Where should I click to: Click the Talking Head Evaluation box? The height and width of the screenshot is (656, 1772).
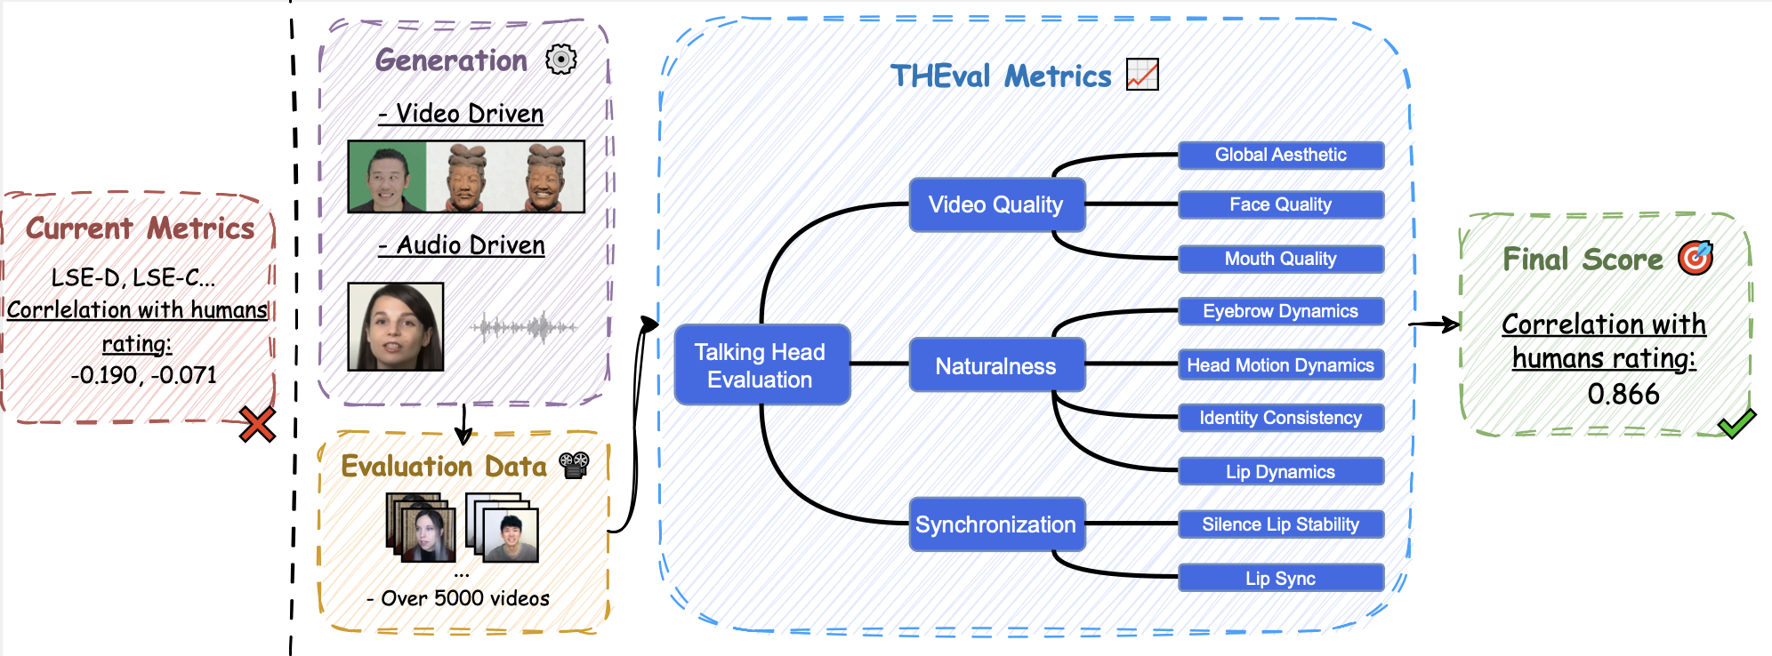click(761, 365)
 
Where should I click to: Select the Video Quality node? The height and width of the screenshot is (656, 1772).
click(996, 204)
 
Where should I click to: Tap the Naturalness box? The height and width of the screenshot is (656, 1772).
click(996, 365)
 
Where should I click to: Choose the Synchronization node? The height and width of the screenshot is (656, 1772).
click(996, 524)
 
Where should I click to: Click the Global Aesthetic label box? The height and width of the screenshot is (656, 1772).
click(1280, 155)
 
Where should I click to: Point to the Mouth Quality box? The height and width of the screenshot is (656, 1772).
click(1280, 259)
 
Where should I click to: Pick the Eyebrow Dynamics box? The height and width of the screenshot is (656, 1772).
click(1280, 311)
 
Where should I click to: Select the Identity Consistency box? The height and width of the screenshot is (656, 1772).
click(1280, 418)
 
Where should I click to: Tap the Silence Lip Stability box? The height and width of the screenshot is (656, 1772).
click(1280, 524)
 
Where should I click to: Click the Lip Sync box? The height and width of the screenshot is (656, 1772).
click(1280, 579)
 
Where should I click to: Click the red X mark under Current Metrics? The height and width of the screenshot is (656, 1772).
click(257, 425)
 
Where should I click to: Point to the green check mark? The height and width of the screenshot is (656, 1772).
click(1736, 423)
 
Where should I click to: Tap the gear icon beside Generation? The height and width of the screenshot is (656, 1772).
click(561, 60)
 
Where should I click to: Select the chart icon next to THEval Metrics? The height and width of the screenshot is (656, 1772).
click(1142, 75)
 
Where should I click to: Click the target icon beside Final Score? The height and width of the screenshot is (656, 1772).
click(1695, 258)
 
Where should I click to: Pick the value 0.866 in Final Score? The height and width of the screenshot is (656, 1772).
click(1623, 394)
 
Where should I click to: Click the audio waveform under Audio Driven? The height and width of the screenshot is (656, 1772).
click(524, 327)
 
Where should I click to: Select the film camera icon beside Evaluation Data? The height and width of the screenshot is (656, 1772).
click(575, 465)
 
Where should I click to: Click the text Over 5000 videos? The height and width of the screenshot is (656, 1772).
click(464, 598)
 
